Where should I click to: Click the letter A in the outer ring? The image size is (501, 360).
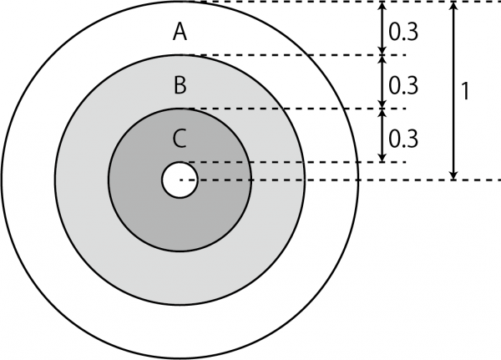coord(180,32)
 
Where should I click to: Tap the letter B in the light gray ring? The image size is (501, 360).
coord(180,85)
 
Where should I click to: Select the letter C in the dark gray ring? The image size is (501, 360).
coord(180,139)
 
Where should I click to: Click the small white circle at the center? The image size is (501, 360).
coord(180,180)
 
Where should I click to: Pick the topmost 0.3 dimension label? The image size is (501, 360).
coord(403,33)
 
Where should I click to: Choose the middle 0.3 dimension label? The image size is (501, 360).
coord(403,86)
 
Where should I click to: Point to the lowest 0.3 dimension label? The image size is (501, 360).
coord(403,139)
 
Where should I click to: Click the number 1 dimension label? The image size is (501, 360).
coord(466,91)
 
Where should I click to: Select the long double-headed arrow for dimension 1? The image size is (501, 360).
coord(453,91)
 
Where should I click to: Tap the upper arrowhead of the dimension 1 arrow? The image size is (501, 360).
coord(453,6)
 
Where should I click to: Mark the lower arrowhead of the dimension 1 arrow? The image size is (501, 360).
coord(453,175)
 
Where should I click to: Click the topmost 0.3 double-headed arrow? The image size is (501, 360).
coord(382,28)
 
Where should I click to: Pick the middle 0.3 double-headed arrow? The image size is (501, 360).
coord(382,82)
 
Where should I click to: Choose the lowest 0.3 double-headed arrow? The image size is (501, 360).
coord(382,135)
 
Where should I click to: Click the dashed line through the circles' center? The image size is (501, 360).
coord(341,180)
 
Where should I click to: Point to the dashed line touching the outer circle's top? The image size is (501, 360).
coord(346,2)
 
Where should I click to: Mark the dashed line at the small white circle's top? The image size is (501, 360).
coord(296,162)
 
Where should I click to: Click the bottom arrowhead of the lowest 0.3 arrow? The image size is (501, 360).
coord(382,158)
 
